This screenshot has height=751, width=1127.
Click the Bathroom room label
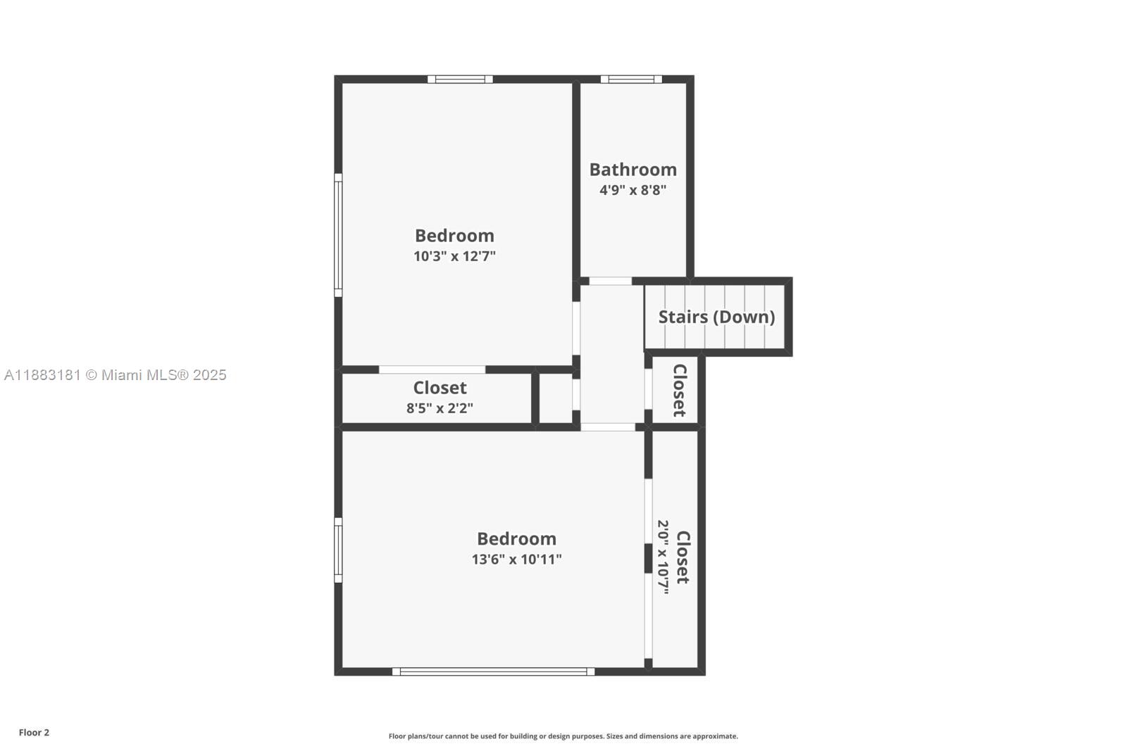[633, 170]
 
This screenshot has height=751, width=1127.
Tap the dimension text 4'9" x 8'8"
[633, 190]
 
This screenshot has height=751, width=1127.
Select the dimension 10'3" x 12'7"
[454, 256]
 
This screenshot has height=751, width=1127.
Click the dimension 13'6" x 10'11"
[516, 560]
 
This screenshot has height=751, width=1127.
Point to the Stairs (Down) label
[716, 317]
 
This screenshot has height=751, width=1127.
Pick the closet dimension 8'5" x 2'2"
[440, 408]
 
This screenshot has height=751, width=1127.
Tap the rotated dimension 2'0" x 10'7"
[663, 557]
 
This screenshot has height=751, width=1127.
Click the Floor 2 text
[34, 733]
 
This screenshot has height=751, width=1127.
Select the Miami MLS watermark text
[116, 375]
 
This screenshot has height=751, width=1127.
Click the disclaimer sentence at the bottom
[563, 736]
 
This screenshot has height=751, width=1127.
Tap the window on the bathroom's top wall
[631, 80]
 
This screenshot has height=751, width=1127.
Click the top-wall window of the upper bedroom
[460, 80]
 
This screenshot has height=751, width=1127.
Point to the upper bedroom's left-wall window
[338, 235]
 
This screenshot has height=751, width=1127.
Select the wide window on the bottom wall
[493, 671]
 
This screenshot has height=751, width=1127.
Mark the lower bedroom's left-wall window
[338, 550]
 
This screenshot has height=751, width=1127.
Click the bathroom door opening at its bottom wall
[610, 282]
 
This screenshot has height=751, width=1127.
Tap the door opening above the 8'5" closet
[432, 370]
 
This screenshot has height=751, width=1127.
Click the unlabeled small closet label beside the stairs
[679, 390]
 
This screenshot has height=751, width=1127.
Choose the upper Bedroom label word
[454, 236]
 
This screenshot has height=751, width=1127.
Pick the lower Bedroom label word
[516, 539]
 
